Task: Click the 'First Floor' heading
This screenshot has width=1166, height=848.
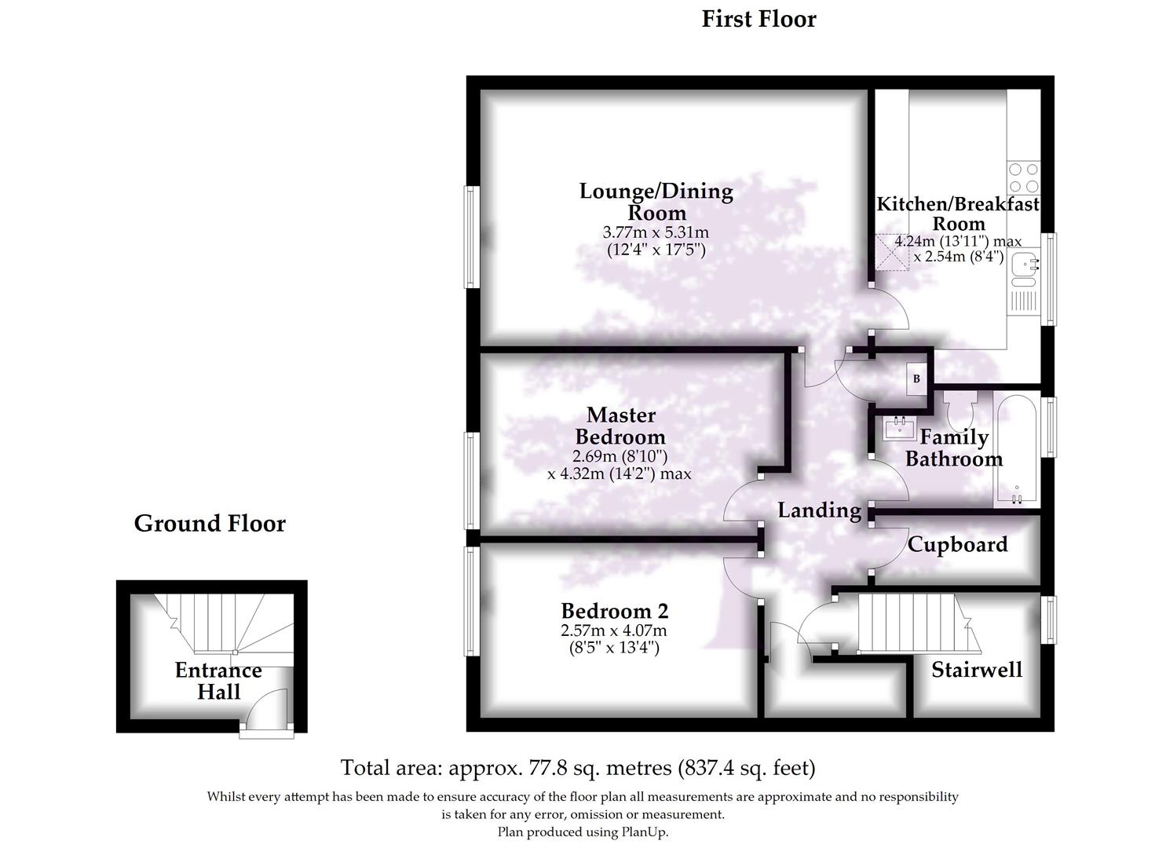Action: click(758, 20)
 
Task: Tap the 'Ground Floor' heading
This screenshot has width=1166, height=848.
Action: click(210, 523)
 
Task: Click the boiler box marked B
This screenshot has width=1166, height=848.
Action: click(916, 378)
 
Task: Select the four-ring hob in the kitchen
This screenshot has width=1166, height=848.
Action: click(1024, 177)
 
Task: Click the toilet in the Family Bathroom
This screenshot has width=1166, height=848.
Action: click(959, 409)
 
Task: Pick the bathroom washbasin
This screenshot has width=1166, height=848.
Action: click(900, 428)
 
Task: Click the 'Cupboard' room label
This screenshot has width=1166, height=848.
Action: click(958, 544)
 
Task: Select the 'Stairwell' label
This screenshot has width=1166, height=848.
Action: click(977, 670)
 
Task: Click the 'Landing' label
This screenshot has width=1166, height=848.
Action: click(819, 510)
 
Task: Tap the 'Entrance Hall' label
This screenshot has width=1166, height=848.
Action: click(218, 681)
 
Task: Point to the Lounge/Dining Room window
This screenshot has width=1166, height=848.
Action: click(471, 237)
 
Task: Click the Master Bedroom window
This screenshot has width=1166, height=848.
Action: click(471, 481)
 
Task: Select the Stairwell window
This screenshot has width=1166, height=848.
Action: click(1049, 620)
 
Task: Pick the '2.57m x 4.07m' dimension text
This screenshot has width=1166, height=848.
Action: click(614, 631)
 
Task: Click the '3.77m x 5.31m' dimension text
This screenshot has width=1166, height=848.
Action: click(656, 232)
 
